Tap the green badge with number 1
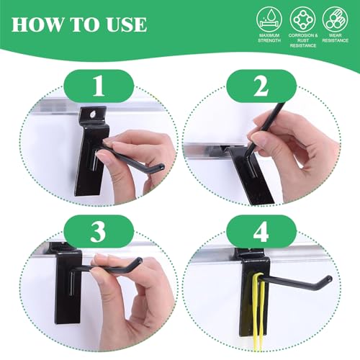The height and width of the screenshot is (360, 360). click(x=99, y=86)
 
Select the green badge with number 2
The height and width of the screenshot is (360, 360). click(x=261, y=86)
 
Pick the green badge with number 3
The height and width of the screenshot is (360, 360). click(x=99, y=231)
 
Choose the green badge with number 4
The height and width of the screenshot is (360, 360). click(x=261, y=231)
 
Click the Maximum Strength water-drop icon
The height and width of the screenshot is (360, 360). click(x=269, y=19)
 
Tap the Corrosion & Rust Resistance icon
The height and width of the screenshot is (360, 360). click(x=302, y=19)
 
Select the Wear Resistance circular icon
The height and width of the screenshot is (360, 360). click(x=336, y=19)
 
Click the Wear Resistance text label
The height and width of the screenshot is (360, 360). click(x=336, y=38)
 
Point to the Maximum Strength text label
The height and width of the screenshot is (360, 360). click(x=269, y=38)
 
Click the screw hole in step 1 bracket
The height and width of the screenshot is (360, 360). click(x=91, y=115)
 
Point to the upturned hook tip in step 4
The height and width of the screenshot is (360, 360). click(x=329, y=279)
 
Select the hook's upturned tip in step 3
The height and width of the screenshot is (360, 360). click(x=139, y=260)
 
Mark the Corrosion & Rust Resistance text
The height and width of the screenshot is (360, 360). click(x=303, y=40)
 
